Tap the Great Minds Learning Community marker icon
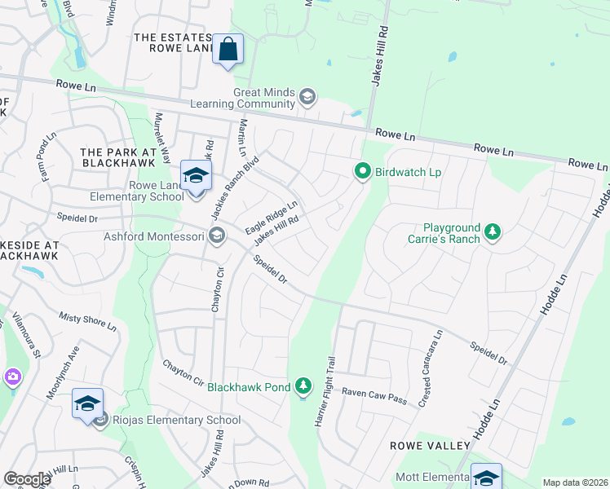(307, 98)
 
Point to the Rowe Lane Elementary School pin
(196, 176)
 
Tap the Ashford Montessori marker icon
(216, 236)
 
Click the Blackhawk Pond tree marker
(303, 385)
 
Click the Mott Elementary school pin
(486, 478)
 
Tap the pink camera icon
(12, 377)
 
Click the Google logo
(27, 479)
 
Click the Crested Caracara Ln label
(430, 358)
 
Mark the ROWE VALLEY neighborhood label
(430, 446)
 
